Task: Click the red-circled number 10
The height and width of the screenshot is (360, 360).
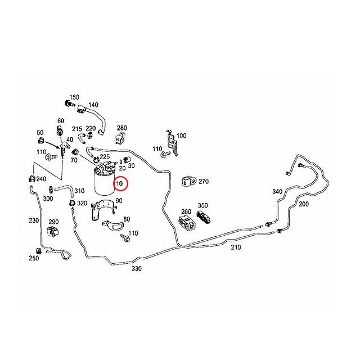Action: coord(119,184)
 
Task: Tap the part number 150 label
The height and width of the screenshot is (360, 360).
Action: coord(74,97)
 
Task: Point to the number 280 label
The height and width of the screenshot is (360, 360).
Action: coord(122,128)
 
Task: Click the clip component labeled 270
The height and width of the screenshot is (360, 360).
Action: coord(189,182)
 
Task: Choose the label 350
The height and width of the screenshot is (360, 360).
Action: coord(202,205)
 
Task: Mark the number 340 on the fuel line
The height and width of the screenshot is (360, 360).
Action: coord(277,191)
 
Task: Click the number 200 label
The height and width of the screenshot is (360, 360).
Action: coord(304,204)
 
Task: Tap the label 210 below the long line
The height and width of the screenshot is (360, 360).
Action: coord(236,247)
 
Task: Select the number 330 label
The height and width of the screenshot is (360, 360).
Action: coord(137,268)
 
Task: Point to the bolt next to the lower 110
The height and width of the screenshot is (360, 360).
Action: coord(125,237)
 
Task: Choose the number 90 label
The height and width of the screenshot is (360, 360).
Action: coord(119,201)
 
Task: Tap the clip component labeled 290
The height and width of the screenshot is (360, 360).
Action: coord(53,231)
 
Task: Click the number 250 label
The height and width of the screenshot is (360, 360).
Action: coord(34,258)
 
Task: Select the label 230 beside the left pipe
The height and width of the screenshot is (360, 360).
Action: coord(34,220)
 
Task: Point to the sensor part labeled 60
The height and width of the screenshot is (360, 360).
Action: coord(60,130)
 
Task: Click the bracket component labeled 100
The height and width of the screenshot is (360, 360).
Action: coord(172,142)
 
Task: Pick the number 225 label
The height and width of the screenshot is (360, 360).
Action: coord(105,157)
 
